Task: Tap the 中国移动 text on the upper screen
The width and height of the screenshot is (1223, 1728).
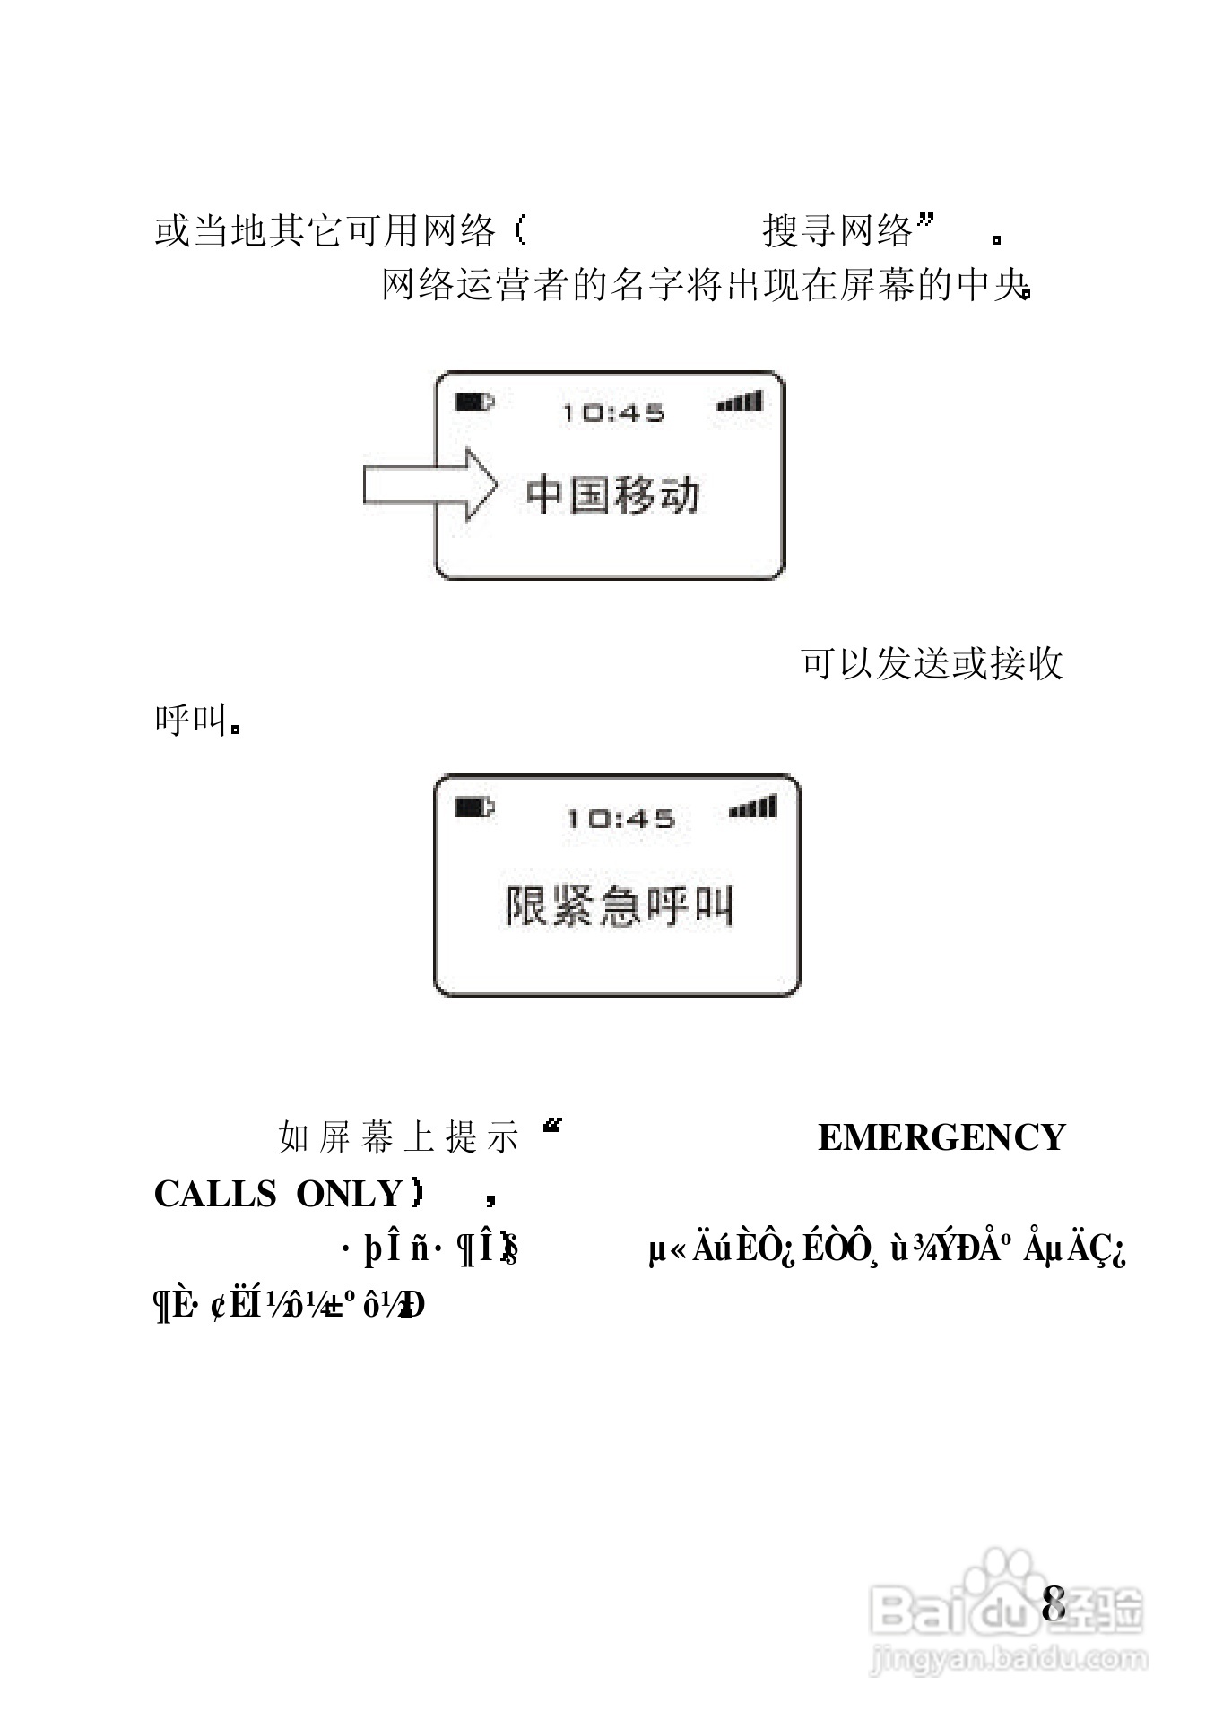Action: click(x=611, y=495)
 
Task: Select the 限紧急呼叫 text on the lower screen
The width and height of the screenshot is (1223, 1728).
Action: click(x=619, y=905)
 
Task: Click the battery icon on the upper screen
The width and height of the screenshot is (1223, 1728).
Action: click(x=473, y=402)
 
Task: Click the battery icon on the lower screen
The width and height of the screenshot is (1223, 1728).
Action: click(x=473, y=808)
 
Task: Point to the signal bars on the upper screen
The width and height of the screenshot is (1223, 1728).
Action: click(x=740, y=402)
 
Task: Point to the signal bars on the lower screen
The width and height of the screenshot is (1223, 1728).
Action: click(x=753, y=808)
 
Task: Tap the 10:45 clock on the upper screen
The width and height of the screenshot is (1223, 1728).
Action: click(x=613, y=413)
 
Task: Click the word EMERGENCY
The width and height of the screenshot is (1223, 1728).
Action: click(x=941, y=1137)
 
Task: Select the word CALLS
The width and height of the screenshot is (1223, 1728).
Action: click(x=215, y=1194)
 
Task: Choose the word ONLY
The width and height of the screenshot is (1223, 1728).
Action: click(x=350, y=1194)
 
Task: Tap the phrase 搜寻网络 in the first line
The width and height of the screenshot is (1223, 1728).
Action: click(x=837, y=231)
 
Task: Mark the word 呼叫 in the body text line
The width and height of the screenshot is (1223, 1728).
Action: click(x=190, y=719)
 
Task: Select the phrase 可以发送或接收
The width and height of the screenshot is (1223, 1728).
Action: click(x=932, y=664)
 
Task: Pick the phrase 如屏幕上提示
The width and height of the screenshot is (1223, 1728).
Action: click(x=399, y=1137)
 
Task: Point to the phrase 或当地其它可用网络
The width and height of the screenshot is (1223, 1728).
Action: click(x=325, y=231)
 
